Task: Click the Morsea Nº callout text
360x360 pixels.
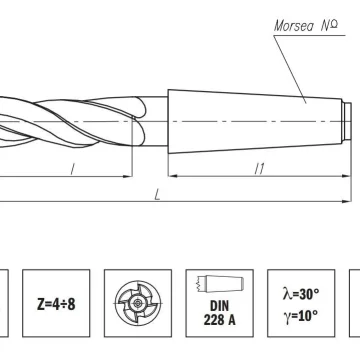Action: (306, 26)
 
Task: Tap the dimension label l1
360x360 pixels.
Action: (259, 169)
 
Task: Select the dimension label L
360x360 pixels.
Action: (157, 194)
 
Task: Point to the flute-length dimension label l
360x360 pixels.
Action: (72, 169)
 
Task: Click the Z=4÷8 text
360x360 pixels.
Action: (56, 304)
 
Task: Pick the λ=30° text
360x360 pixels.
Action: (301, 294)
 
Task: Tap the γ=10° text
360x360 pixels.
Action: (301, 314)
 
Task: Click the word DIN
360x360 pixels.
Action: (219, 306)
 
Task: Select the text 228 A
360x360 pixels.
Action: (219, 320)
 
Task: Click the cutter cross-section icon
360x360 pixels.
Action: (138, 303)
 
